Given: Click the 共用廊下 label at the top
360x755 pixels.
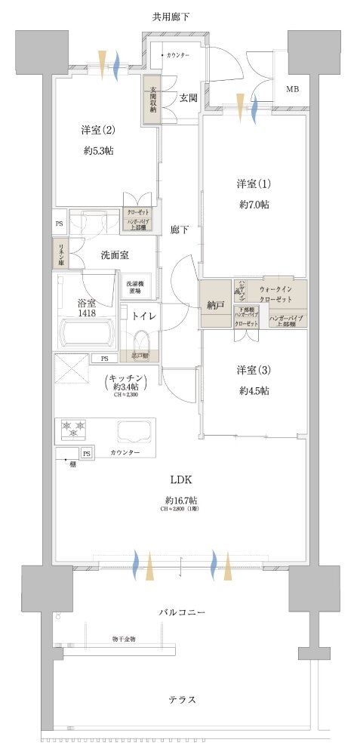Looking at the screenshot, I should point(178,16).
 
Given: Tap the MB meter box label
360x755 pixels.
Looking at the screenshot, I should point(291,91).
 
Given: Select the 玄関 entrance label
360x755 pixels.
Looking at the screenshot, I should point(189,97).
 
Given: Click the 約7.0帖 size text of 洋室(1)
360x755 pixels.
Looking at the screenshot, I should point(254,205).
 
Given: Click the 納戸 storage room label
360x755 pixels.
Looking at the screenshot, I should point(216,305).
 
